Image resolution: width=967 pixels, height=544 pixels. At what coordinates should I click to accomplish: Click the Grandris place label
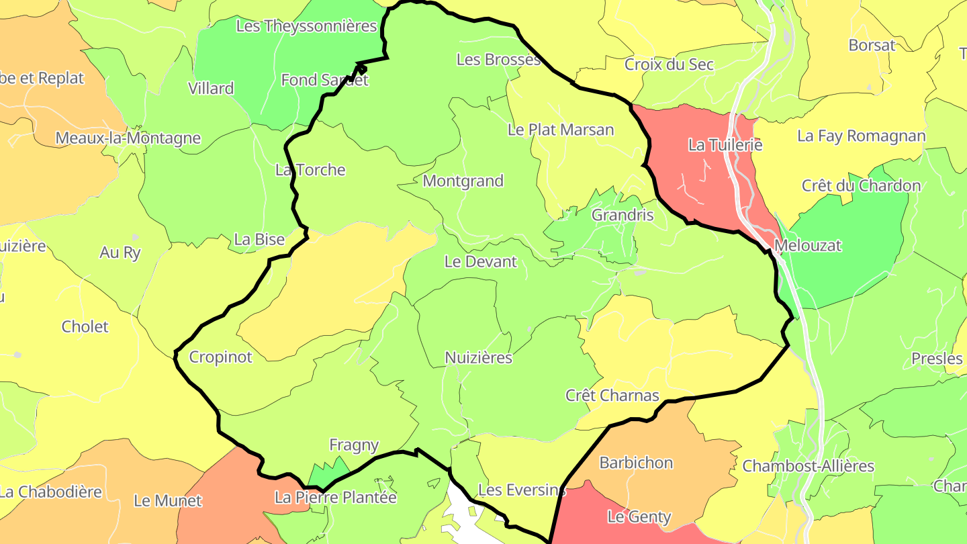pos(623,216)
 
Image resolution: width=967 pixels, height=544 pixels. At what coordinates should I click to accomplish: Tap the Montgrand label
pos(463,181)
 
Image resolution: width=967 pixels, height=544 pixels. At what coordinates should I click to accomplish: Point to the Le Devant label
pos(481,262)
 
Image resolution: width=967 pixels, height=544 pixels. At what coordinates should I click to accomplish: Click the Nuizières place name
pos(479,358)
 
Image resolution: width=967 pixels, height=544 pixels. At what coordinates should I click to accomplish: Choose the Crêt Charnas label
pos(612,396)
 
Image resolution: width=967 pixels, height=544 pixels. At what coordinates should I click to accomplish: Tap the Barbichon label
pos(636,463)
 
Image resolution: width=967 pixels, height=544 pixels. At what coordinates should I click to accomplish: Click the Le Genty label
pos(639,517)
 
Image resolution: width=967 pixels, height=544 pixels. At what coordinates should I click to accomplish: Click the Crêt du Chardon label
pos(861,186)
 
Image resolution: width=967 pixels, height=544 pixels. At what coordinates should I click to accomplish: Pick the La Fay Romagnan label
pos(861,136)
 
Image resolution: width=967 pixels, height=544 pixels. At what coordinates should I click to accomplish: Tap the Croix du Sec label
pos(669,65)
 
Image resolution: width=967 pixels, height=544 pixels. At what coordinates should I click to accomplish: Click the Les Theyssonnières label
pos(306,27)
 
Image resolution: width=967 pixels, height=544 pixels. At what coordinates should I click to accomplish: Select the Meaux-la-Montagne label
pos(128,138)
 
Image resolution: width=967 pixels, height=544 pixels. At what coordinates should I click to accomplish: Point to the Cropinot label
pos(220,357)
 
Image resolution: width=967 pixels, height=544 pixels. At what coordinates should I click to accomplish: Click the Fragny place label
pos(354,445)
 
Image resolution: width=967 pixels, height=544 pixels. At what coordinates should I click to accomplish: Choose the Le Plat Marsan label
pos(561,130)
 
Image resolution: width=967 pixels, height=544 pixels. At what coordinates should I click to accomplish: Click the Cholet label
pos(85,327)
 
